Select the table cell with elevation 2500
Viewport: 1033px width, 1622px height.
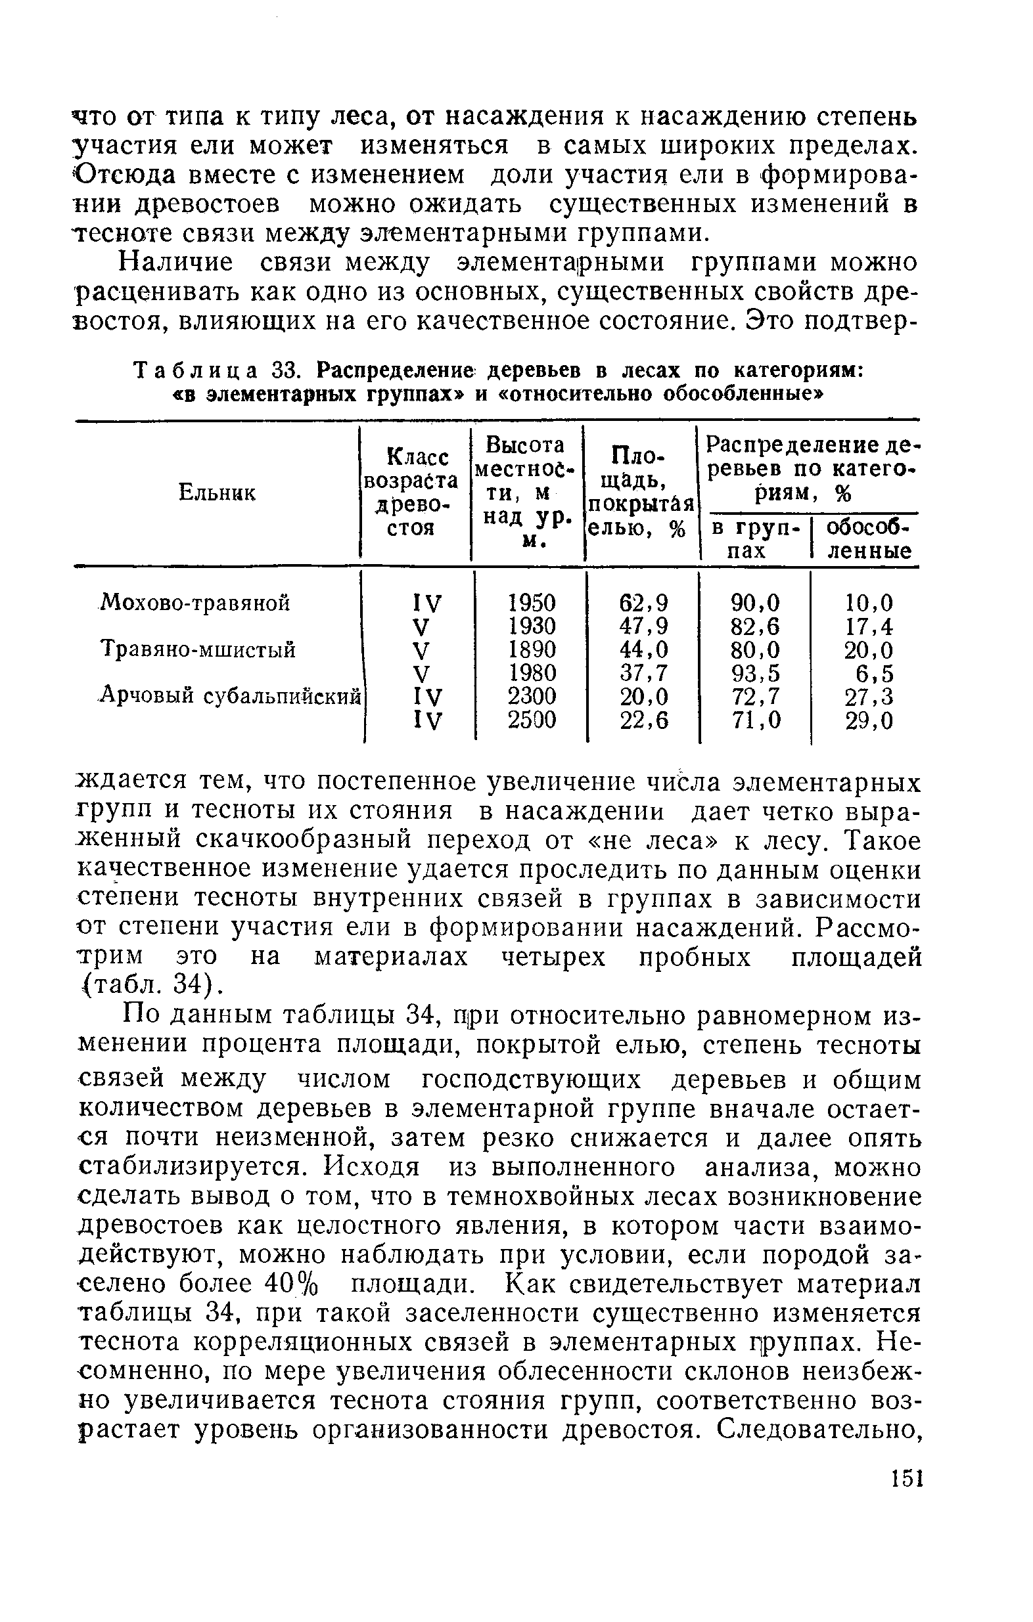coord(532,720)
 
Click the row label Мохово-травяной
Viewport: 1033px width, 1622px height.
coord(195,602)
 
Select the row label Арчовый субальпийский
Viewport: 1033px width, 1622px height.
coord(230,696)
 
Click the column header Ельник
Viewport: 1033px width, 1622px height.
coord(217,493)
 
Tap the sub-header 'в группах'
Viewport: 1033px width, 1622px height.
coord(754,539)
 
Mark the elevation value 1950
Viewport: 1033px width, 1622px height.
coord(532,602)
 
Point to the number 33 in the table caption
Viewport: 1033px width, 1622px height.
coord(284,370)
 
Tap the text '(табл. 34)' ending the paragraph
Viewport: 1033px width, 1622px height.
coord(152,986)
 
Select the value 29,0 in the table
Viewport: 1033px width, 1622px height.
coord(869,720)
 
